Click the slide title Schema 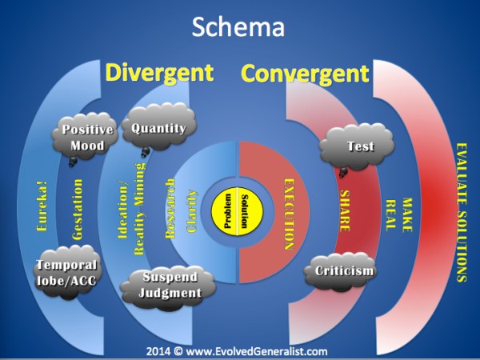point(239,28)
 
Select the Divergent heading point(159,74)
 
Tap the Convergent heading point(305,74)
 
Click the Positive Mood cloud point(88,137)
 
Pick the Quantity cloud point(158,129)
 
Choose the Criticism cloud point(344,271)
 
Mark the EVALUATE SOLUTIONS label point(461,212)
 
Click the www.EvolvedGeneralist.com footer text point(238,350)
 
